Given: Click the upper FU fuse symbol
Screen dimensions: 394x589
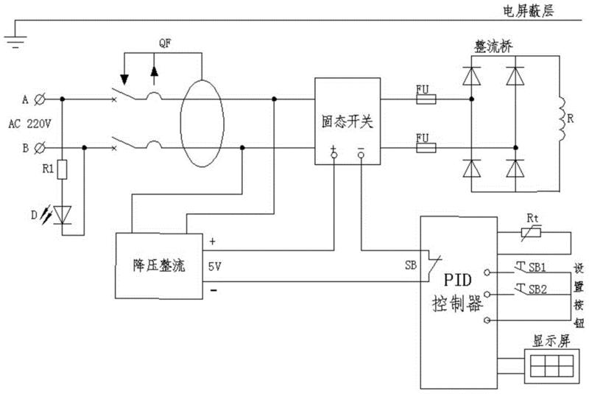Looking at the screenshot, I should pyautogui.click(x=426, y=98).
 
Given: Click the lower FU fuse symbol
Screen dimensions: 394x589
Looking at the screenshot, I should pyautogui.click(x=426, y=147).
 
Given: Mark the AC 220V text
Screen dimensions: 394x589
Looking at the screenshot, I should pyautogui.click(x=35, y=124).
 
